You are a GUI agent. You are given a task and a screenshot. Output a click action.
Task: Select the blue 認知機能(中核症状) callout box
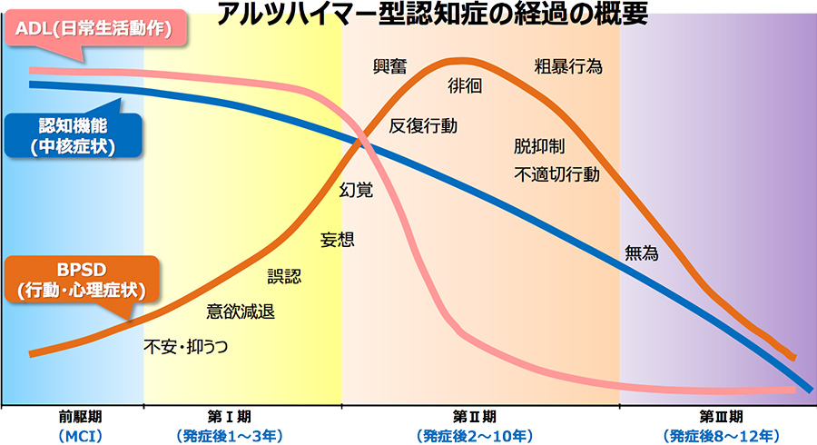click(71, 134)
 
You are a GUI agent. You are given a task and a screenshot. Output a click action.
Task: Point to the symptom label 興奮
click(391, 66)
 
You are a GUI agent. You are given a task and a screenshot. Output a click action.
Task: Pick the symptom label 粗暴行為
click(568, 66)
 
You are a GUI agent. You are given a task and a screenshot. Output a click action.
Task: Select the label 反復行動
click(423, 125)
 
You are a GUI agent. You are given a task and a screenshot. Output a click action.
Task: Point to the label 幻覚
click(356, 190)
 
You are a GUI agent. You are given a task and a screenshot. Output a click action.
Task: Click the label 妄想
click(338, 240)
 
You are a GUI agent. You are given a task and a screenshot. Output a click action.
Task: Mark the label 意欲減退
click(241, 311)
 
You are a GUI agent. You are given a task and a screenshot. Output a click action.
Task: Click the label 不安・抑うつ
click(186, 346)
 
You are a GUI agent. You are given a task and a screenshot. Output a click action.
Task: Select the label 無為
click(642, 254)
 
